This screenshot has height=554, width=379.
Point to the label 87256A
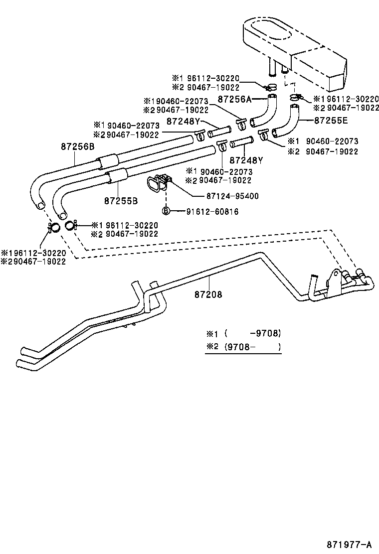click(234, 99)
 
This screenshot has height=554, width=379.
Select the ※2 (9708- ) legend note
click(244, 347)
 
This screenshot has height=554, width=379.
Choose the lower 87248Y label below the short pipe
click(246, 160)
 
